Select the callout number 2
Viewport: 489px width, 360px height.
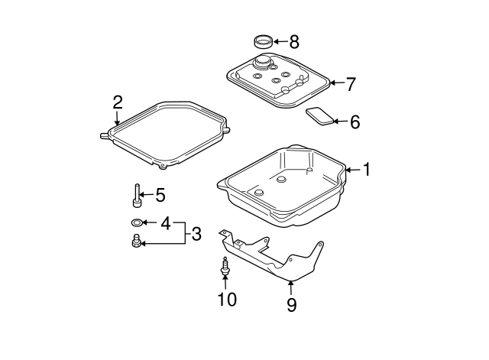[x=118, y=102]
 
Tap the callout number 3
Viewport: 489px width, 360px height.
[x=196, y=234]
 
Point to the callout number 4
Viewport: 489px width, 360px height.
[x=165, y=223]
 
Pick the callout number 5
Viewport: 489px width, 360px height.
[x=160, y=195]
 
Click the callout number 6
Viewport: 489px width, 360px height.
[x=354, y=121]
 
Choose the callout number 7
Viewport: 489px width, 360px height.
[x=351, y=83]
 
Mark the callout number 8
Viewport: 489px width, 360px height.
[x=294, y=41]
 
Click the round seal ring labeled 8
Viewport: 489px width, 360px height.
[x=262, y=41]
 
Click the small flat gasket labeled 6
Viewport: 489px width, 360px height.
[x=320, y=117]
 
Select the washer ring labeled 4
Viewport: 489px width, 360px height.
[x=136, y=223]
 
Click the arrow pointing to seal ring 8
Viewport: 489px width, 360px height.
[x=279, y=41]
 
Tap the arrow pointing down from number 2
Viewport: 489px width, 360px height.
[x=118, y=118]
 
